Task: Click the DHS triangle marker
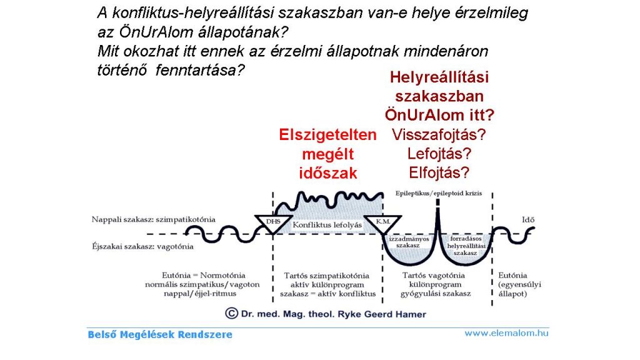click(x=273, y=223)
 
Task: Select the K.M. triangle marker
click(x=382, y=223)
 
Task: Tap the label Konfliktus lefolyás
click(x=327, y=225)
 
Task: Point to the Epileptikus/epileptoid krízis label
click(x=439, y=193)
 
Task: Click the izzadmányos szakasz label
click(x=409, y=242)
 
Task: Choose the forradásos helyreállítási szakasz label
click(x=466, y=246)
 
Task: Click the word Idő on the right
click(x=528, y=219)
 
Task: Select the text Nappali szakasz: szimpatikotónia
click(x=154, y=219)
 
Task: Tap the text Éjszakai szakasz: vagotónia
click(x=143, y=246)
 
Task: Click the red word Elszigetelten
click(x=327, y=135)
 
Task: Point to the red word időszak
click(x=328, y=173)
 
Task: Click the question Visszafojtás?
click(x=439, y=135)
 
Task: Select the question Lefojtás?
click(x=439, y=154)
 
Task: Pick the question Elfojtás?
click(x=439, y=172)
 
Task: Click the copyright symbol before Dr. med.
click(x=231, y=314)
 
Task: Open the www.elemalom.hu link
click(x=506, y=333)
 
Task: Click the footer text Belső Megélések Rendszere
click(x=160, y=335)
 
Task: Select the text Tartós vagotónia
click(x=434, y=276)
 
